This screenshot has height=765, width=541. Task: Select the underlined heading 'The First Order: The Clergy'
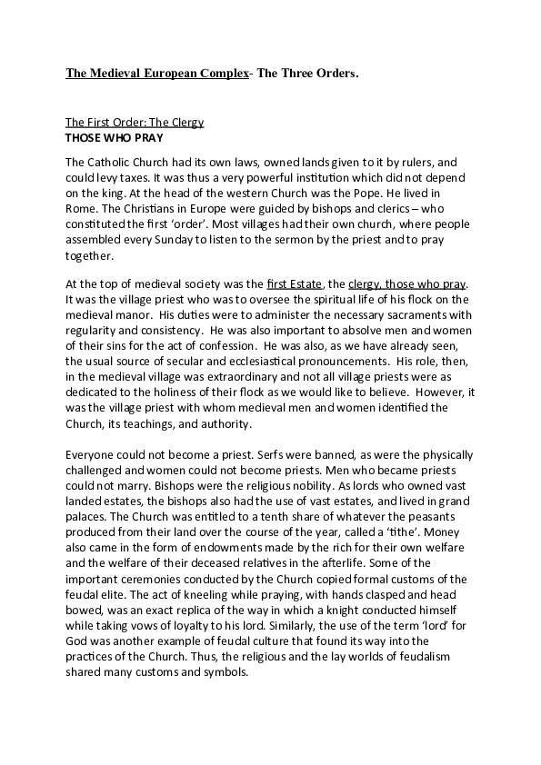point(135,121)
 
